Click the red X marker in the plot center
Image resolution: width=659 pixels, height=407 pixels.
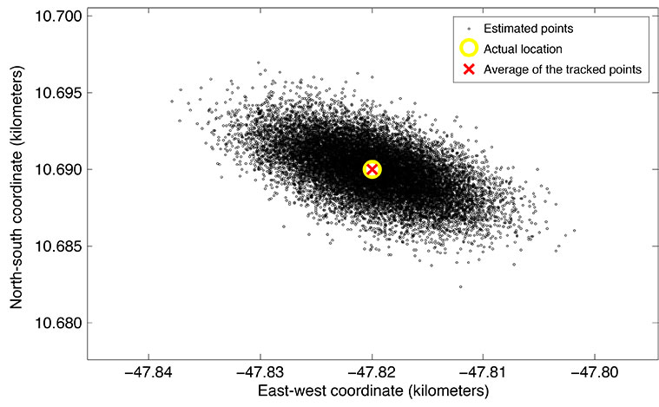coord(372,169)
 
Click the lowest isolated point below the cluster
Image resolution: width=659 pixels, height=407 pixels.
coord(460,286)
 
